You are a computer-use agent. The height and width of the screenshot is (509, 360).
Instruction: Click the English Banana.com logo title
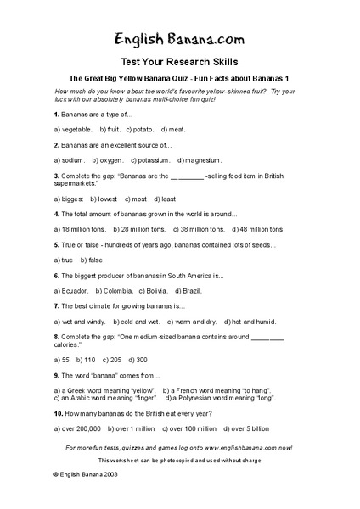coord(179,38)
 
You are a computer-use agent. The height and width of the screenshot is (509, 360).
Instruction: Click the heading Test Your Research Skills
coord(179,61)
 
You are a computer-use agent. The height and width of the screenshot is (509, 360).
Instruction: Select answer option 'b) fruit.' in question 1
coord(110,129)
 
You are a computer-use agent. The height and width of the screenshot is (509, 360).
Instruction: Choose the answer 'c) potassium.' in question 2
coord(149,159)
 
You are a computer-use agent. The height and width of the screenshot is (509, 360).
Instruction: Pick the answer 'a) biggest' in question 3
coord(69,199)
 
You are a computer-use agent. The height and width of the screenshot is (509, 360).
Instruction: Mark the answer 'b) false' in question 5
coord(91,260)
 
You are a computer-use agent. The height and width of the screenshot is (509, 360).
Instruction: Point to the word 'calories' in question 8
coord(71,345)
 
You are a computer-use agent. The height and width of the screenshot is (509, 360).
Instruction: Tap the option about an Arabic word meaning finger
coord(104,398)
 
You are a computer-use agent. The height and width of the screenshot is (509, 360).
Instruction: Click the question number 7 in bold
coord(56,305)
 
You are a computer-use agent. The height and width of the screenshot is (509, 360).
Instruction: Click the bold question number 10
coord(58,413)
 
